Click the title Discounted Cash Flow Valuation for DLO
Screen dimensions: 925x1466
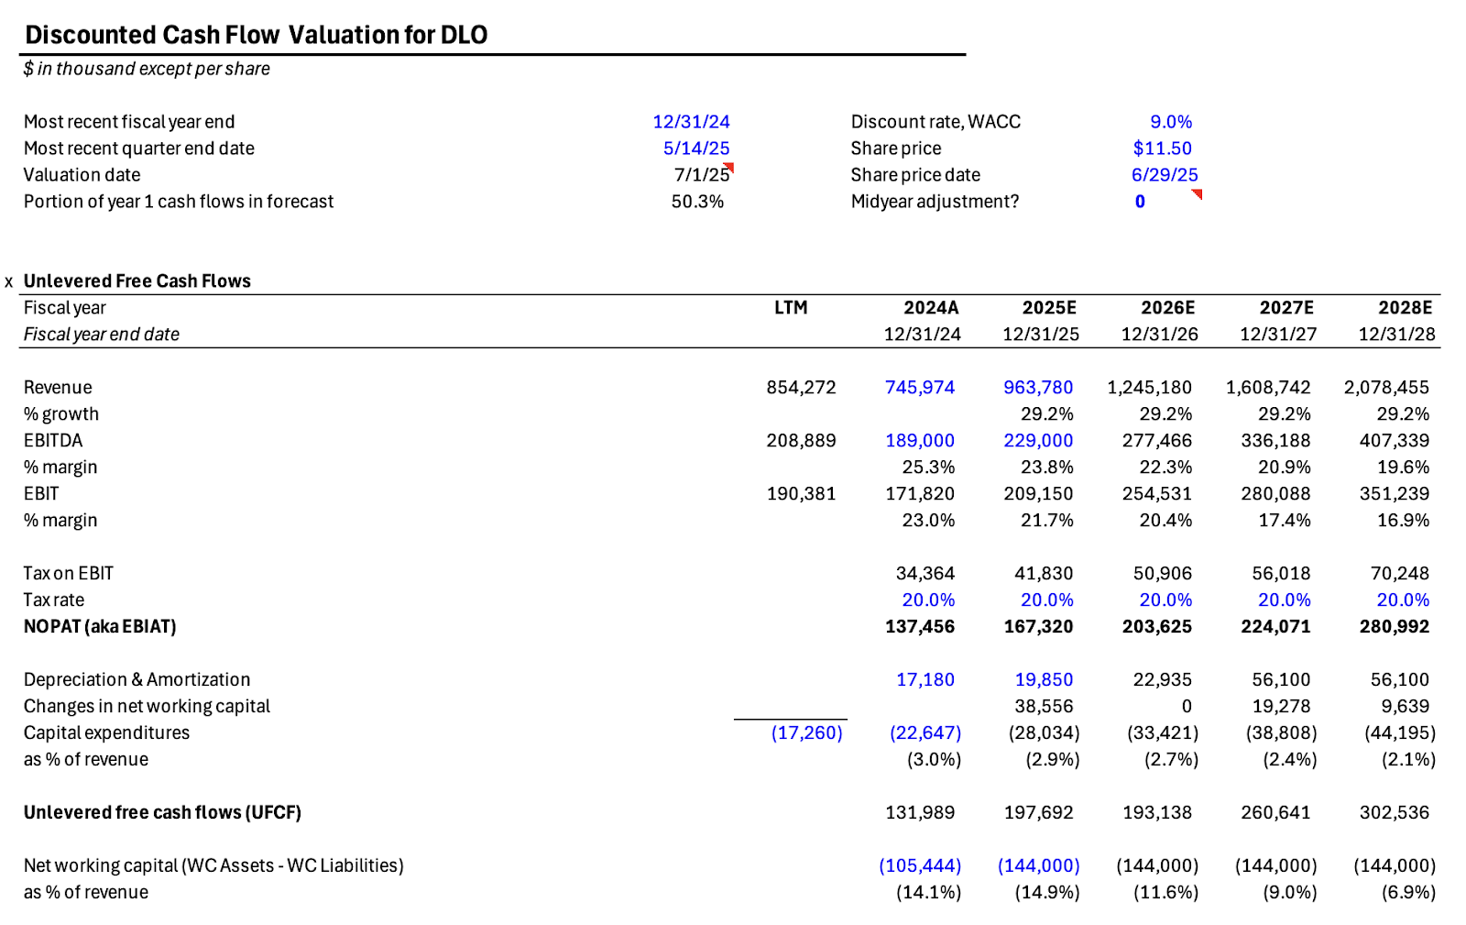(x=256, y=35)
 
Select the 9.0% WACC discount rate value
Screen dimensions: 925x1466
(x=1171, y=122)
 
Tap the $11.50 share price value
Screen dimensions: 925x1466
(x=1162, y=149)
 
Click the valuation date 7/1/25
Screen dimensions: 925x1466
(x=702, y=175)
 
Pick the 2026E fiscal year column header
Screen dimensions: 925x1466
(x=1167, y=308)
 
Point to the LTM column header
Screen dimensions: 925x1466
(x=791, y=308)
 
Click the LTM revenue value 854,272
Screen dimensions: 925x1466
(x=801, y=388)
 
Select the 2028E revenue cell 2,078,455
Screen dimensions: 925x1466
(x=1386, y=388)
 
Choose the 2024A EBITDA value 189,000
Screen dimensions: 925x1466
(x=919, y=441)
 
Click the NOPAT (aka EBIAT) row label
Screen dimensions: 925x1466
(x=100, y=627)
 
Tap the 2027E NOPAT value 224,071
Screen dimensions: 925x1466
(x=1275, y=627)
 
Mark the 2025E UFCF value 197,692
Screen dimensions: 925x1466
(x=1038, y=813)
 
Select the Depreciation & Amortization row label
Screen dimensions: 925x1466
(x=137, y=680)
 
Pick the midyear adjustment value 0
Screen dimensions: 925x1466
(x=1140, y=202)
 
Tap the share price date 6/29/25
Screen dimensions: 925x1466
(x=1164, y=175)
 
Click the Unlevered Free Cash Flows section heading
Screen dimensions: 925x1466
(x=137, y=281)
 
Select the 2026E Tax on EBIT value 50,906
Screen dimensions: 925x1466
(x=1162, y=574)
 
